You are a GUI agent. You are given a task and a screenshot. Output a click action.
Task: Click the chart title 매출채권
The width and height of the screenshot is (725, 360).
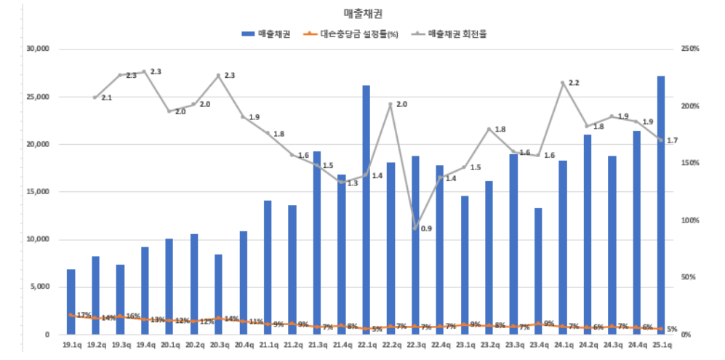[x=363, y=14]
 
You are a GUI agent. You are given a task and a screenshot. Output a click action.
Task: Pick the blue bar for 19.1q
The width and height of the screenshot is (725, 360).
[x=71, y=302]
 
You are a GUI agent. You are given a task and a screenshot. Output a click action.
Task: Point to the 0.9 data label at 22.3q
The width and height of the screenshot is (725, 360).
[x=426, y=229]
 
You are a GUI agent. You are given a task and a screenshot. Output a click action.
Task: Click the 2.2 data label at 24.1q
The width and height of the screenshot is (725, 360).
[x=574, y=84]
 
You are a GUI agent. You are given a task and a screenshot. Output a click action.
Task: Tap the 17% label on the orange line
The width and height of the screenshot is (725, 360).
[x=84, y=316]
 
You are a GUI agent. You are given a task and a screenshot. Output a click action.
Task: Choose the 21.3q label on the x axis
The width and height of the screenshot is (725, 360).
[x=316, y=345]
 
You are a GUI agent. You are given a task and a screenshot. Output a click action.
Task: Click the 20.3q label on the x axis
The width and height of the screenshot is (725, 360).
[x=218, y=345]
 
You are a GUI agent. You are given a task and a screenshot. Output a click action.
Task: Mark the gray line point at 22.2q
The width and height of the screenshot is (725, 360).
[x=390, y=105]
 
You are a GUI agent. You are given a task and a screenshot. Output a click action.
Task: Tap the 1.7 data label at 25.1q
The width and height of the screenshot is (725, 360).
[x=672, y=140]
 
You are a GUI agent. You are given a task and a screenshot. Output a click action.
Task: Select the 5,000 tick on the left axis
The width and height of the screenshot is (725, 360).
[x=38, y=287]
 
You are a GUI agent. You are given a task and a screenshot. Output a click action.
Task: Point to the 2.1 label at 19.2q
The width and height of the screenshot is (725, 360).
[x=106, y=97]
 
